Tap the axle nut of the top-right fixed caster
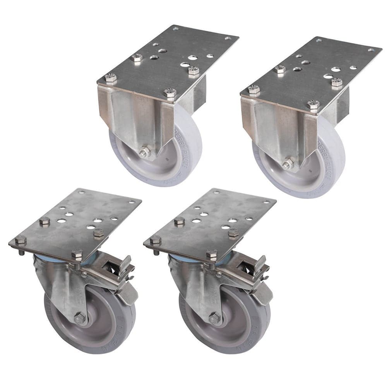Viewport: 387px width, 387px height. coord(288,164)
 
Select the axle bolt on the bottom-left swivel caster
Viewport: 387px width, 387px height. coord(80,318)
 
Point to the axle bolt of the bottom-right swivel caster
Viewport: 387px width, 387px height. coord(215,318)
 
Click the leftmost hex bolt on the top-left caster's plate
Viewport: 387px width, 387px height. coord(111,78)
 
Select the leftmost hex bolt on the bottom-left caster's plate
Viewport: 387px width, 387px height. coord(21,240)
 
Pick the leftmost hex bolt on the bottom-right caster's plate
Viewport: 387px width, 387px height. coord(155,240)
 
